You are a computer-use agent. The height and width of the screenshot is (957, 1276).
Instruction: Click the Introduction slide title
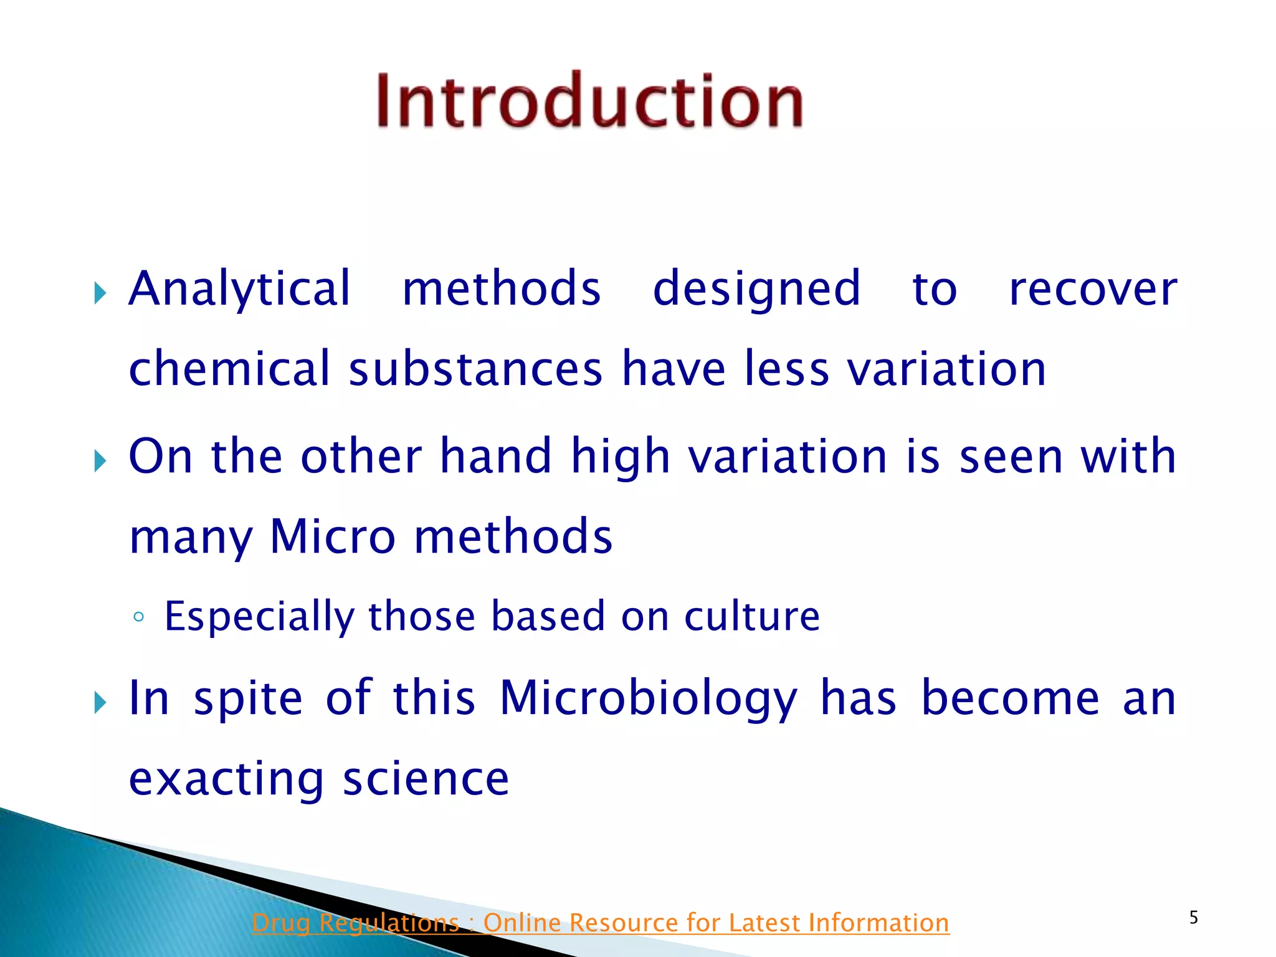(x=589, y=101)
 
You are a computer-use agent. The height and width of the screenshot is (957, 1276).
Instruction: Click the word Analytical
(x=240, y=289)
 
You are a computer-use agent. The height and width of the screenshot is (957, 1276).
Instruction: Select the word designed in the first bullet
(x=756, y=289)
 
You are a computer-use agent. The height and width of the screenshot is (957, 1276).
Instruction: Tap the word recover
(x=1093, y=289)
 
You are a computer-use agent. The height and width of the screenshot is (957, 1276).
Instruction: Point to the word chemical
(x=229, y=369)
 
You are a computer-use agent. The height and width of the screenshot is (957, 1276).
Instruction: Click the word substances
(x=475, y=369)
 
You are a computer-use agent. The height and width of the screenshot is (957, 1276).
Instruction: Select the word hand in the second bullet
(x=496, y=456)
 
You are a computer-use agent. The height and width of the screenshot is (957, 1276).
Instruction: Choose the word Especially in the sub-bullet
(x=259, y=617)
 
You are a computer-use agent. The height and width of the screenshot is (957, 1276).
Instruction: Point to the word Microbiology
(x=648, y=699)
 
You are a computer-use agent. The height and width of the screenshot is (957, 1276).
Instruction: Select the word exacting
(x=226, y=780)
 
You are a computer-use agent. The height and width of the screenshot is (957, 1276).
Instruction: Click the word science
(x=426, y=779)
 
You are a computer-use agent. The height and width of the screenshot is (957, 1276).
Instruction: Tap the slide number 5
(x=1193, y=917)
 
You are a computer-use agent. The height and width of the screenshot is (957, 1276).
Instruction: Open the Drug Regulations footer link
(x=600, y=923)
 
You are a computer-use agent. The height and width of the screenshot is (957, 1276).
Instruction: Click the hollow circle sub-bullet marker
(x=139, y=617)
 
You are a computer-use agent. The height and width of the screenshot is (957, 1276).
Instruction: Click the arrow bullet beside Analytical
(x=100, y=292)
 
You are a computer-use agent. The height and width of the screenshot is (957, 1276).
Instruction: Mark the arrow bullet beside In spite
(x=100, y=702)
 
